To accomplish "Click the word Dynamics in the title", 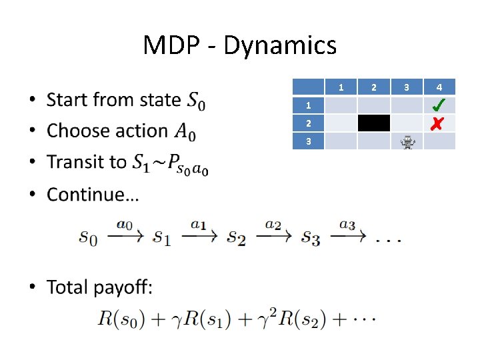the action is [280, 45].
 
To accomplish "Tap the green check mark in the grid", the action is [439, 105].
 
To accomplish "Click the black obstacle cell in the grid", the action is [374, 123].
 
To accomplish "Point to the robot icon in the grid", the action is [407, 141].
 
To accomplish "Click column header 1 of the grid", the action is [341, 87].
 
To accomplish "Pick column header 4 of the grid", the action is [439, 87].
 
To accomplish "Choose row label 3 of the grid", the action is [308, 141].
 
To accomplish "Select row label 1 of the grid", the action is [308, 105].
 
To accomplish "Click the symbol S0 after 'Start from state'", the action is [195, 101].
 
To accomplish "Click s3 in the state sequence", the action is [311, 237].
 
